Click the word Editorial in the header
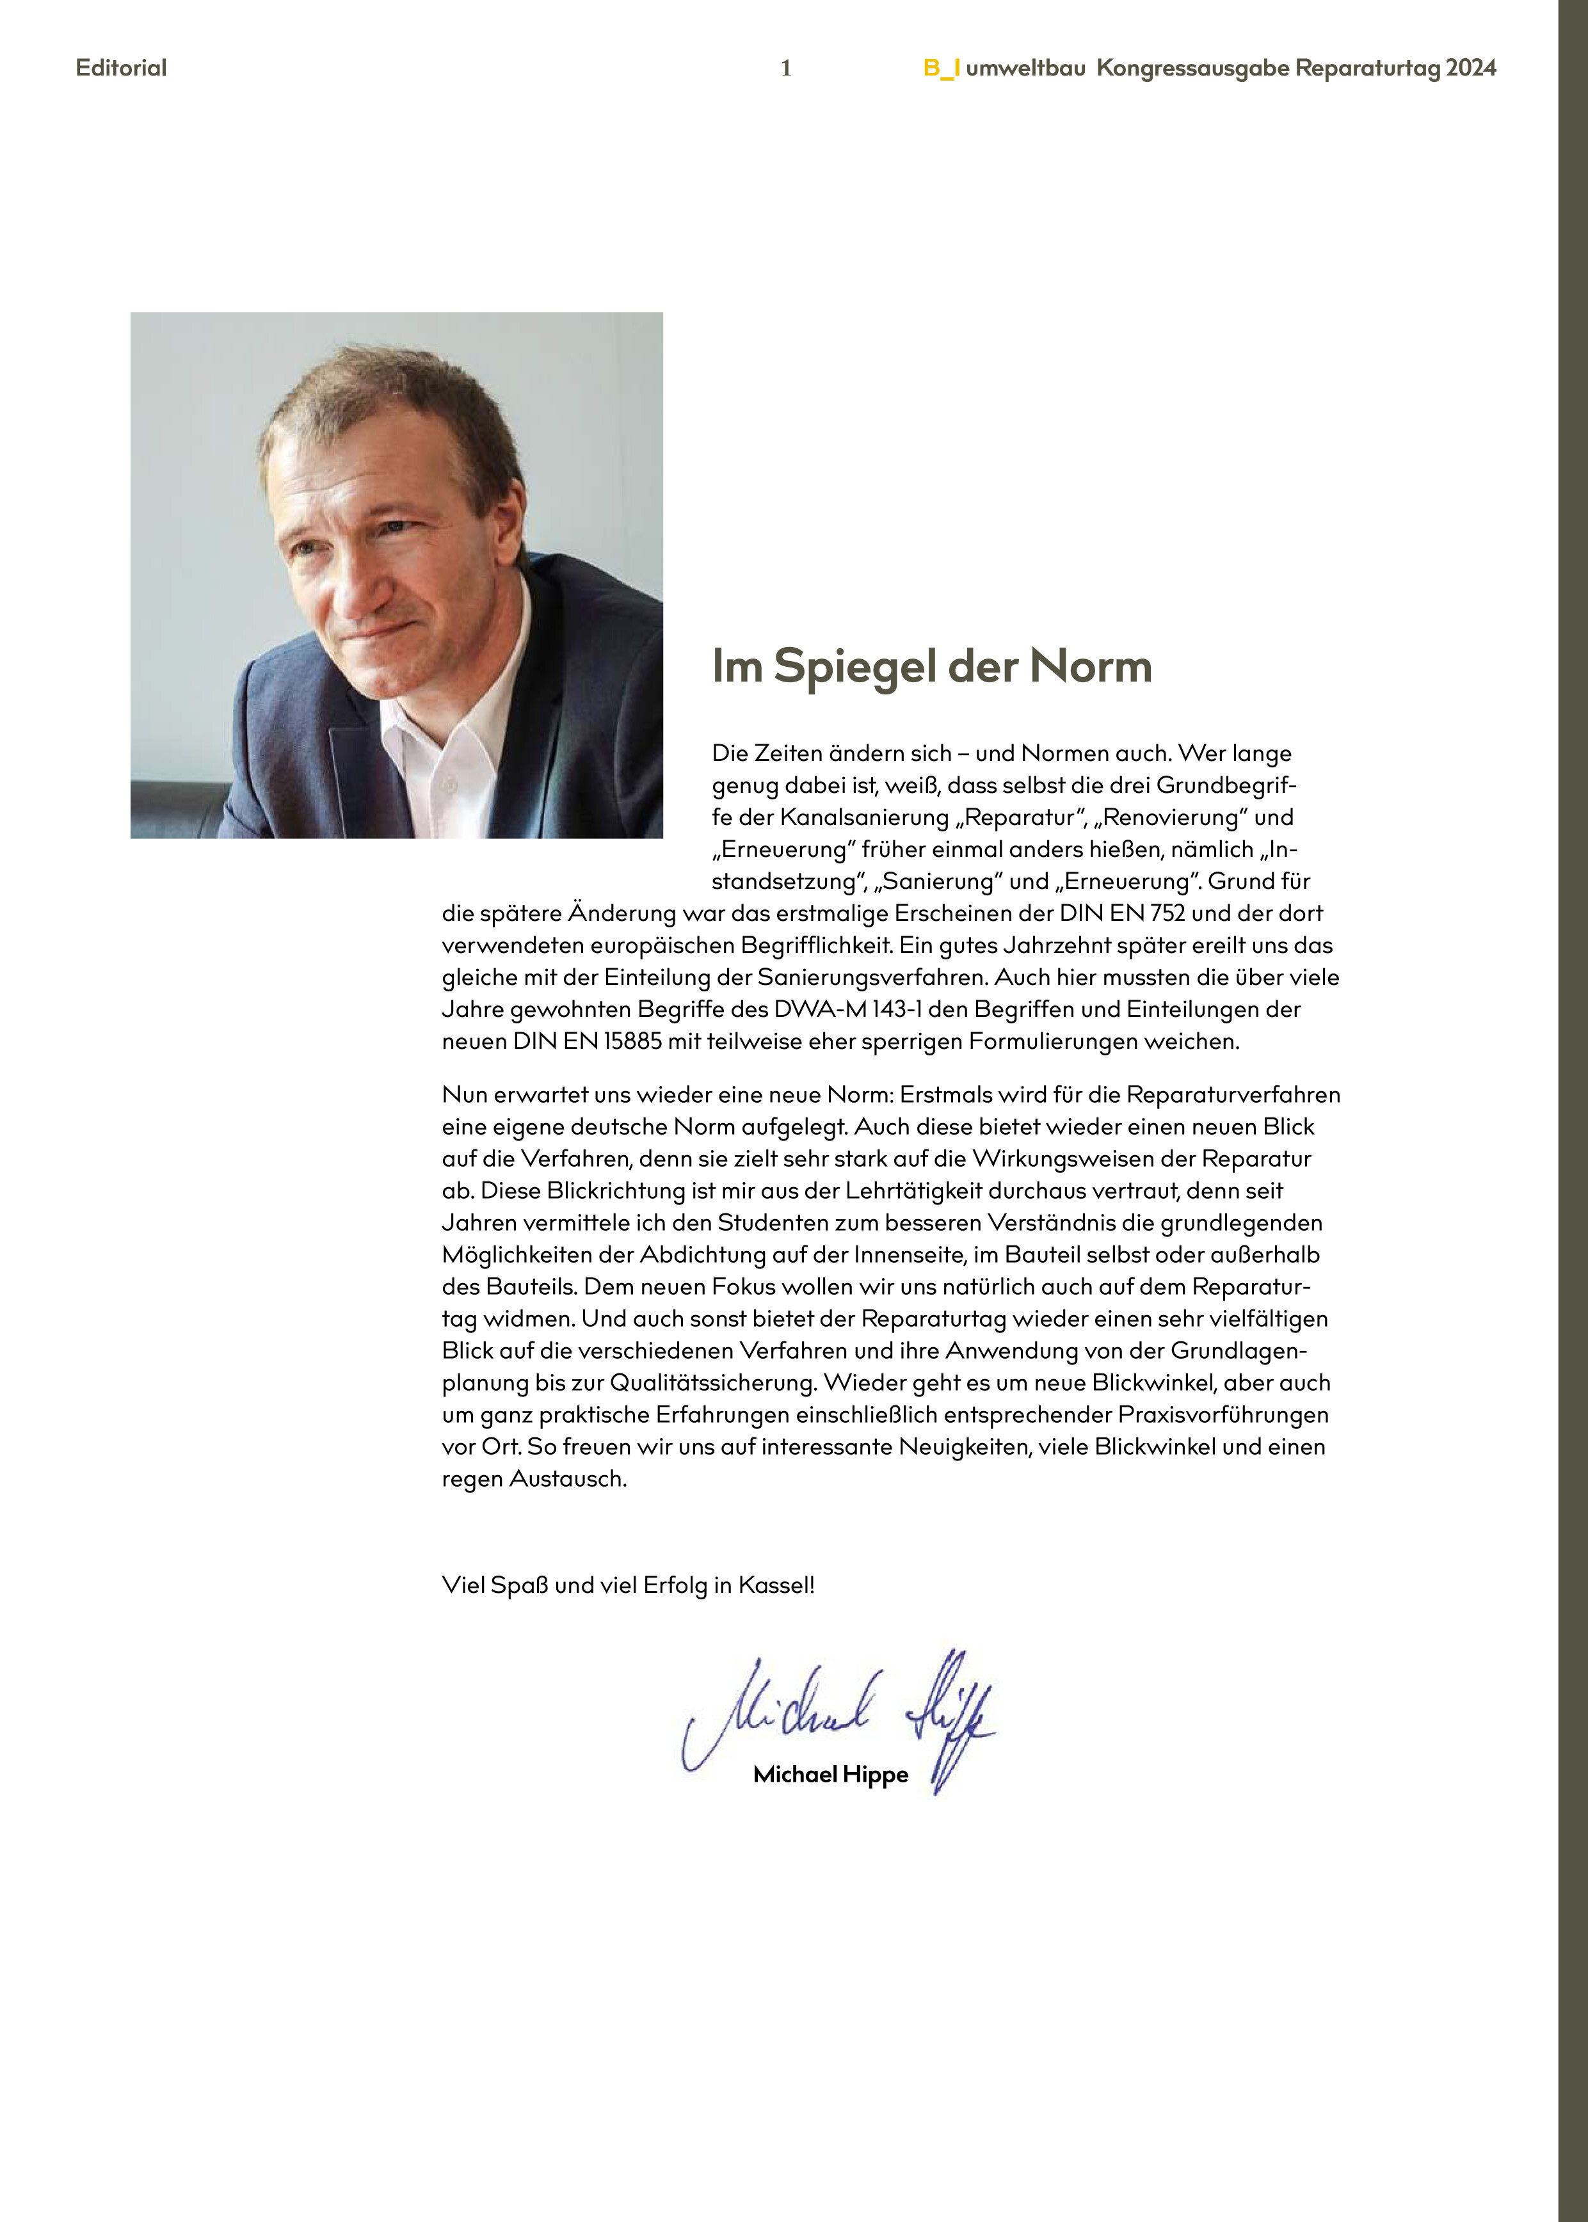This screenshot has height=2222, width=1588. tap(121, 67)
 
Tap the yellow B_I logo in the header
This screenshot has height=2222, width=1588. tap(942, 67)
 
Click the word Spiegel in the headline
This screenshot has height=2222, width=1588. tap(856, 667)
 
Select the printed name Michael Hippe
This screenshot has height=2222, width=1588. tap(830, 1774)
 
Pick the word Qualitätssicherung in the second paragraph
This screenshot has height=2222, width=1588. tap(713, 1382)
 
